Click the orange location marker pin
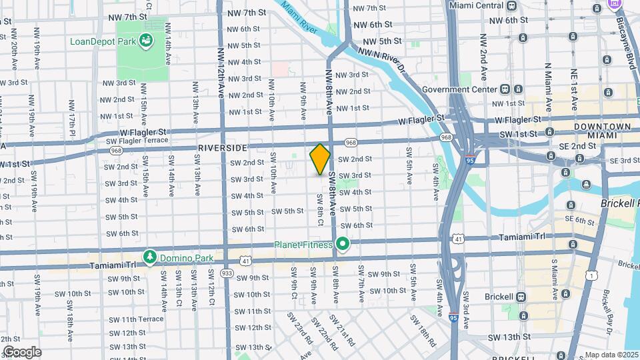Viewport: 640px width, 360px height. tap(320, 159)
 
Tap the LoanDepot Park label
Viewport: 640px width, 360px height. tap(103, 41)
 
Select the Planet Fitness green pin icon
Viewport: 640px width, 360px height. tap(343, 245)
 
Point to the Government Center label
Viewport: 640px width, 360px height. tap(459, 89)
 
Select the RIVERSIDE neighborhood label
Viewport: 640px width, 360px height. tap(223, 147)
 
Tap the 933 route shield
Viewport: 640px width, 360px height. tap(227, 273)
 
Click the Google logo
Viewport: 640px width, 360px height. tap(22, 351)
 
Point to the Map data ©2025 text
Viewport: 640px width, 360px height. tap(612, 355)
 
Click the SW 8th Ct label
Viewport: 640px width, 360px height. tap(320, 209)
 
